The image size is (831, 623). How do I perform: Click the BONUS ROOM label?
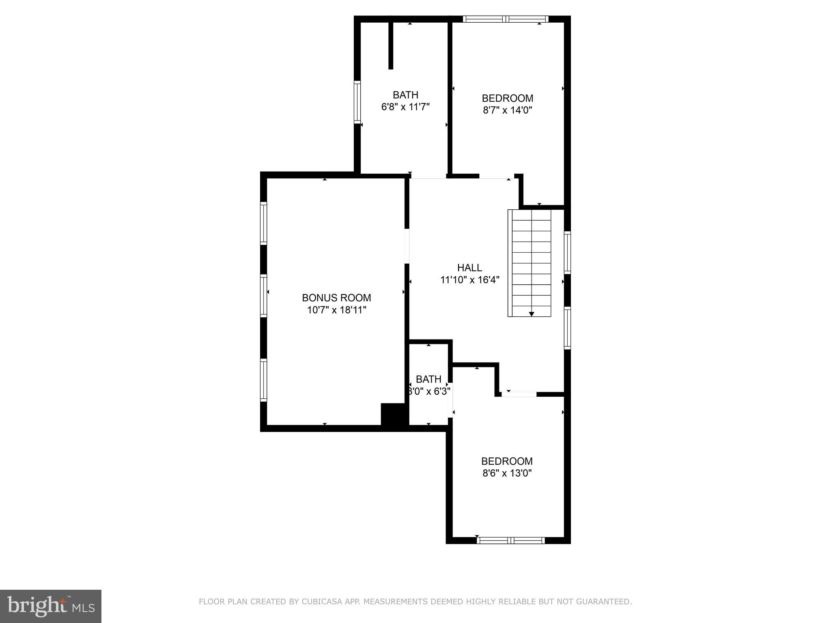(x=336, y=298)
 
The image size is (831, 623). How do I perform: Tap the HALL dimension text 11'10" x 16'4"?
(x=470, y=280)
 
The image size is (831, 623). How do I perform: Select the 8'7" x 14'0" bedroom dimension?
(x=507, y=110)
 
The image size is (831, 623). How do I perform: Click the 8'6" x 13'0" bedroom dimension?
(x=507, y=473)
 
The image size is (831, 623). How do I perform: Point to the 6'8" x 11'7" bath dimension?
(x=405, y=107)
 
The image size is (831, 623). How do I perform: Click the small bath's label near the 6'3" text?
(x=428, y=379)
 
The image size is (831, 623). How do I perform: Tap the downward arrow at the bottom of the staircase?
(x=531, y=314)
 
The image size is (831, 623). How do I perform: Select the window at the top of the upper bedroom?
(x=506, y=19)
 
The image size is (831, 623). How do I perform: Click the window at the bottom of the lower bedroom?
(x=511, y=540)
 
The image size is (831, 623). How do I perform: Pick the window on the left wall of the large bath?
(x=357, y=102)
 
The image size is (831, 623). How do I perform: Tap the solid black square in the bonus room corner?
(x=393, y=414)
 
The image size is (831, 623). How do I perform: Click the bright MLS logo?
(x=51, y=606)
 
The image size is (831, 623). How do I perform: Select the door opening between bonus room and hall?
(x=407, y=246)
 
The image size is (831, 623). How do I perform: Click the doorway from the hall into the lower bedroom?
(x=519, y=394)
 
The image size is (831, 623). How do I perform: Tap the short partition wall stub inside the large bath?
(x=391, y=45)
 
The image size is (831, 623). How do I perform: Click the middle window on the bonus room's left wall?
(x=263, y=296)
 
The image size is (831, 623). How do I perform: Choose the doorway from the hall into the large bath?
(x=428, y=176)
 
